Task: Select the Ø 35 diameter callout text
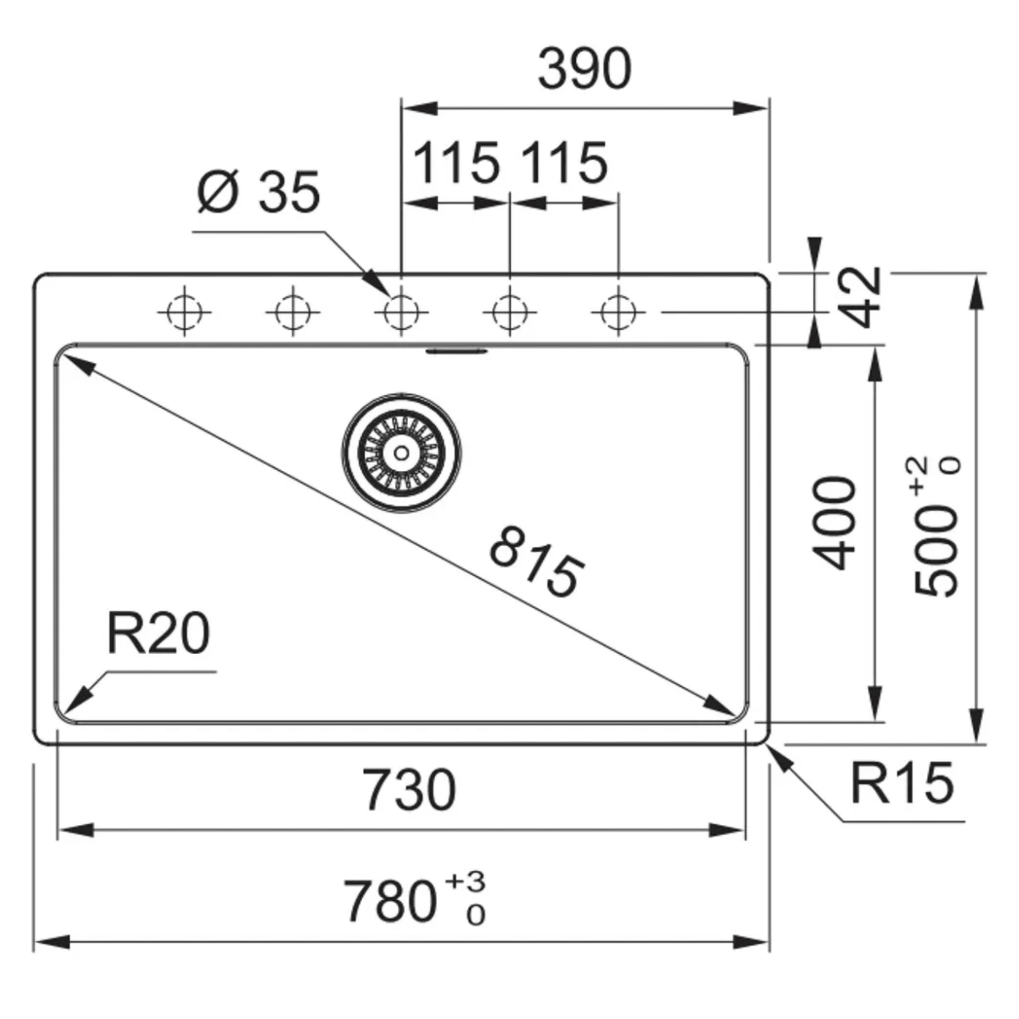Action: tap(258, 192)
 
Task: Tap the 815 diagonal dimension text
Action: tap(537, 561)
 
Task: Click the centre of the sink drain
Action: tap(401, 452)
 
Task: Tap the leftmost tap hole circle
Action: tap(184, 312)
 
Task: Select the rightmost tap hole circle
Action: tap(618, 312)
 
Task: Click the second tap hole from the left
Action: tap(293, 312)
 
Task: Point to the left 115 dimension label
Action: tap(455, 163)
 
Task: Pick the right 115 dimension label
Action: tap(565, 163)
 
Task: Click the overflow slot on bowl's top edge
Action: tap(457, 350)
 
